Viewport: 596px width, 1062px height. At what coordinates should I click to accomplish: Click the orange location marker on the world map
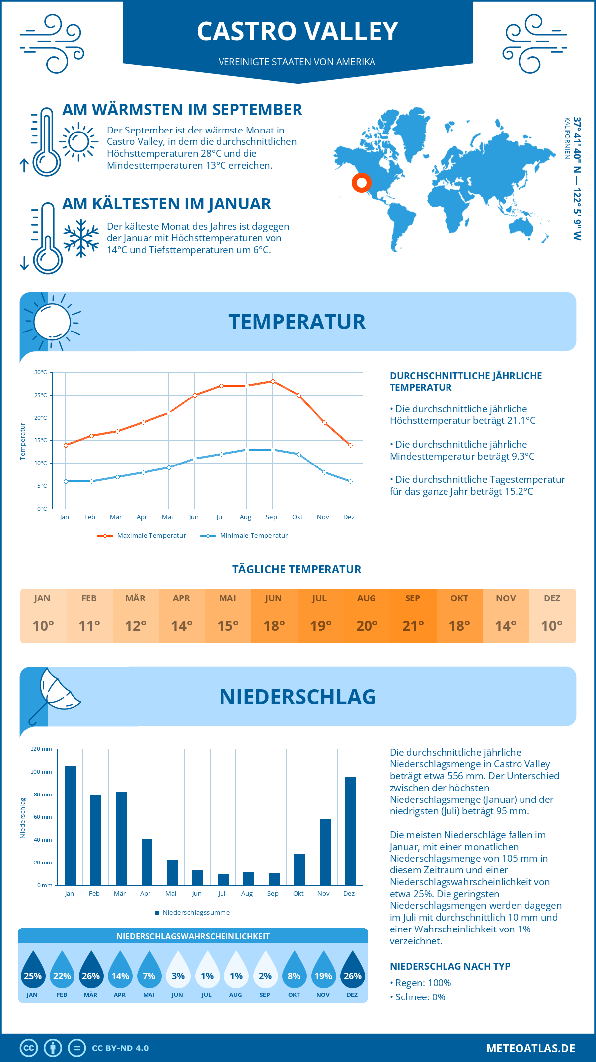point(362,183)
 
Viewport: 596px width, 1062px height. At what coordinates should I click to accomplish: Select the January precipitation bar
point(71,826)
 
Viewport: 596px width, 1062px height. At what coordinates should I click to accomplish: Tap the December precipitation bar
point(351,831)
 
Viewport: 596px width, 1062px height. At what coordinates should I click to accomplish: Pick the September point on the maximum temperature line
point(273,381)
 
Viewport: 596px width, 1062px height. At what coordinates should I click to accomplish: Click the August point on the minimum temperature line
point(247,450)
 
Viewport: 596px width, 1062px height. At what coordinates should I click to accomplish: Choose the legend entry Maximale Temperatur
point(142,536)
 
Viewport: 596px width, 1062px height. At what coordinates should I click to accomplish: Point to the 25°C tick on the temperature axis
point(41,395)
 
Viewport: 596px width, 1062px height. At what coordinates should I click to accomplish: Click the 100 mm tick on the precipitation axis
point(41,772)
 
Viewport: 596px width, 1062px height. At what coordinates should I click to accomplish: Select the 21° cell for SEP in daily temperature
point(413,626)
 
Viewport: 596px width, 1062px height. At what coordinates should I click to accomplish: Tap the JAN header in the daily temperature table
point(42,598)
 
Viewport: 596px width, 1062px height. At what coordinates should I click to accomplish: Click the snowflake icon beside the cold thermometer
point(81,238)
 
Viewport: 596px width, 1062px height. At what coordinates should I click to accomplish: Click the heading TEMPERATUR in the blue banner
point(297,322)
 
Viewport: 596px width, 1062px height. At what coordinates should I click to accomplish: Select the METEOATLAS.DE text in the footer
point(530,1048)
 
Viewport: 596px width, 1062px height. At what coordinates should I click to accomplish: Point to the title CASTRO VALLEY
point(298,31)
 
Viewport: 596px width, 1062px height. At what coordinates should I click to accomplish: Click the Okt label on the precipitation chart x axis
point(298,893)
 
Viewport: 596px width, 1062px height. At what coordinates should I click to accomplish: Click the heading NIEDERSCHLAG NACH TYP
point(450,966)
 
